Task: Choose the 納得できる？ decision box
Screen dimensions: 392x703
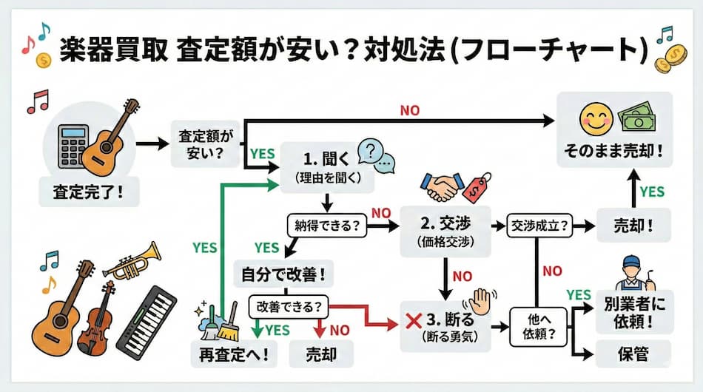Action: pos(326,225)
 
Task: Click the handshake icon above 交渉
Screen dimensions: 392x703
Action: pos(443,186)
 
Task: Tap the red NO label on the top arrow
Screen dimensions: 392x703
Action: pos(409,110)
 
